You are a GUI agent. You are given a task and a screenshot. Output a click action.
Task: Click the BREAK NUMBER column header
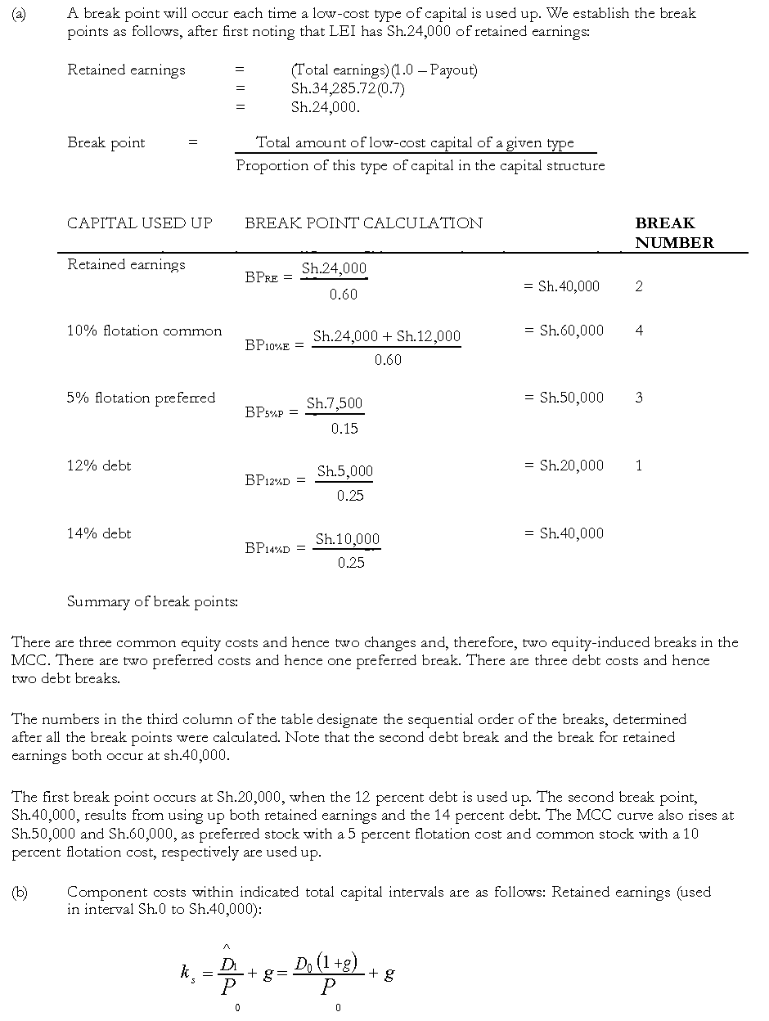coord(674,233)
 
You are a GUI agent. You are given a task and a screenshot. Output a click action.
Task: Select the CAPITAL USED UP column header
coord(139,223)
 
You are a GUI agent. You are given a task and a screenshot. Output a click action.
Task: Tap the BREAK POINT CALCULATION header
coord(363,223)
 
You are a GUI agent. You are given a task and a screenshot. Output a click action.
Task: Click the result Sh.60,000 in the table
coord(571,331)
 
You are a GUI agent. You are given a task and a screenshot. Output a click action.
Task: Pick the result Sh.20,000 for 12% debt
coord(571,466)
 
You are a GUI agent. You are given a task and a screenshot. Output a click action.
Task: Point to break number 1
coord(639,466)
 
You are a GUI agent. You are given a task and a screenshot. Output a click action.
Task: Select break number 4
coord(639,331)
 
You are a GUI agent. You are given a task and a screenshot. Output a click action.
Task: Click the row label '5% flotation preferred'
coord(141,398)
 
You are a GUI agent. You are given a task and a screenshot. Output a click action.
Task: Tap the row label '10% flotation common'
coord(144,331)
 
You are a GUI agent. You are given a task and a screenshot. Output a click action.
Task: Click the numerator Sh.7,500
coord(335,403)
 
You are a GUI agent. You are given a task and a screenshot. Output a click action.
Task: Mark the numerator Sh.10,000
coord(348,539)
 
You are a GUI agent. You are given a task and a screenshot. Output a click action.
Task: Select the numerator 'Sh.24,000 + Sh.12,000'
coord(386,336)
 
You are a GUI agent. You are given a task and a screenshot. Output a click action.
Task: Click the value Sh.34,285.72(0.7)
coord(348,88)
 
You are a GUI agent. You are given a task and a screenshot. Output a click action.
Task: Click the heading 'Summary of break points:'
coord(152,602)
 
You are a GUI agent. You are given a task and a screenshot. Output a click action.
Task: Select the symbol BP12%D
coord(267,481)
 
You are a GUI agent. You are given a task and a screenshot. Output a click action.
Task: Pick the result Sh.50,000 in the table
coord(571,398)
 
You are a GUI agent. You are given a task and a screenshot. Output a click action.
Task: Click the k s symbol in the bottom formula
coord(188,974)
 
